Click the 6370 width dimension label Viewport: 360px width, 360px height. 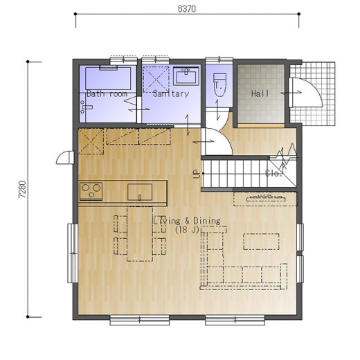(187, 9)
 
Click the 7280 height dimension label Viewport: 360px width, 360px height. (23, 189)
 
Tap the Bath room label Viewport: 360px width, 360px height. (107, 93)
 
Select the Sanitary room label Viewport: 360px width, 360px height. (171, 93)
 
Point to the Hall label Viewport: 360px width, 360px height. (260, 93)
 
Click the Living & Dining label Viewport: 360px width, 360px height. (187, 221)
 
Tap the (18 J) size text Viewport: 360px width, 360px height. (187, 230)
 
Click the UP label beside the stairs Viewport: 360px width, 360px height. (196, 174)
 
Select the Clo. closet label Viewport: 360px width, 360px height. (273, 173)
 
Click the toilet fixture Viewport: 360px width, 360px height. (219, 85)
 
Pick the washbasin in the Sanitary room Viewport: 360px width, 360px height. (186, 76)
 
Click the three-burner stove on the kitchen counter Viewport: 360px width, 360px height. (91, 191)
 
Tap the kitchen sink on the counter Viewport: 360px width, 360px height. (140, 192)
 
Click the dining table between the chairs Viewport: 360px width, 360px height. (140, 234)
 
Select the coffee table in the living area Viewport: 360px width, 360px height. (261, 242)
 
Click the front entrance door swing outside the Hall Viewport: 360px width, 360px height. (306, 93)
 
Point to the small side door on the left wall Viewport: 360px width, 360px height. (65, 158)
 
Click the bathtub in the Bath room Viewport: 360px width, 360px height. (108, 78)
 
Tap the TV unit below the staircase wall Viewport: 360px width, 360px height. (265, 199)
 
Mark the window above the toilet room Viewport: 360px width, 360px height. (219, 60)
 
